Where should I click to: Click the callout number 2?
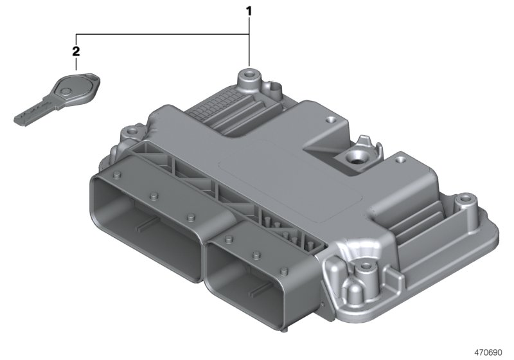point(76,50)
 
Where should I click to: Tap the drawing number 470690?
point(490,352)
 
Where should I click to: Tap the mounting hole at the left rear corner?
point(134,132)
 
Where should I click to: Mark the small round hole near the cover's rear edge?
point(330,119)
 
